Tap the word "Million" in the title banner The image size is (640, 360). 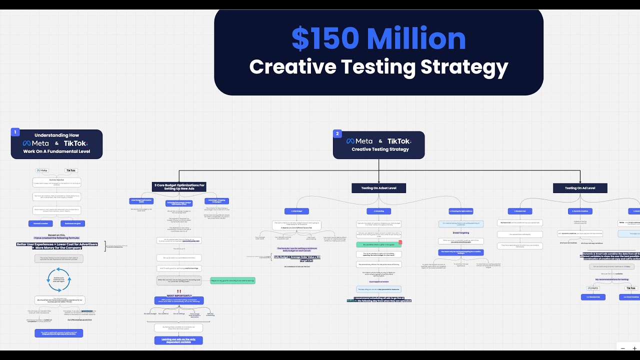[416, 39]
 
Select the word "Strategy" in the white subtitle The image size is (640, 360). [464, 67]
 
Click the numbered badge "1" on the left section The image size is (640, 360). [15, 132]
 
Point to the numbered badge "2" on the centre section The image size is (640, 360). [337, 134]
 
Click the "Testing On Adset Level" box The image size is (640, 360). [378, 188]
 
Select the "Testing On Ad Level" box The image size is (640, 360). [580, 188]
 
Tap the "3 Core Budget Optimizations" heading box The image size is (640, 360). [179, 186]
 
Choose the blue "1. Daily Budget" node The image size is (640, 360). [297, 211]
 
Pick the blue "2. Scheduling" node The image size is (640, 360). [378, 211]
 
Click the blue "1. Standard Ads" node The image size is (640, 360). [520, 211]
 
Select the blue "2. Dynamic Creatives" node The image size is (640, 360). [580, 211]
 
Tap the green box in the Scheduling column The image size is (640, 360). [378, 244]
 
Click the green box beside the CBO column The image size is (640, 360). [232, 281]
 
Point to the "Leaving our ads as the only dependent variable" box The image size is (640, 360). [178, 340]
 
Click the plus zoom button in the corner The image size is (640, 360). [634, 348]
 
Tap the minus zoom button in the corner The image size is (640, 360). [622, 348]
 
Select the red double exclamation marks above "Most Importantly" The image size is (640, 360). [178, 291]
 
